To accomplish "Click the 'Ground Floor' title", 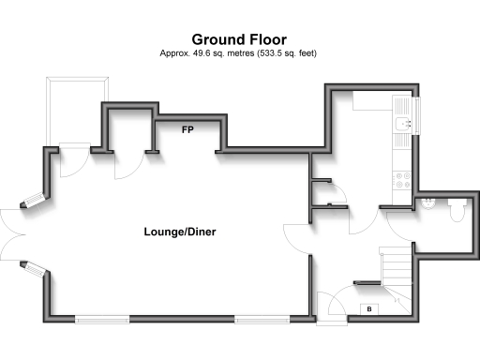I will [239, 39].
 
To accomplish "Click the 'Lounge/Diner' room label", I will [180, 231].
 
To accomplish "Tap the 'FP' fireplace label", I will [187, 130].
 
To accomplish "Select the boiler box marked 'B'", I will [369, 309].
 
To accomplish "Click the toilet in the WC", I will [456, 214].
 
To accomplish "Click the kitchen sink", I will [403, 124].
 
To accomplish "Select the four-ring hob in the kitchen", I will [403, 176].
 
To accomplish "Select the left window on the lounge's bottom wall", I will [102, 320].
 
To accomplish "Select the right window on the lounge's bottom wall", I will [262, 320].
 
